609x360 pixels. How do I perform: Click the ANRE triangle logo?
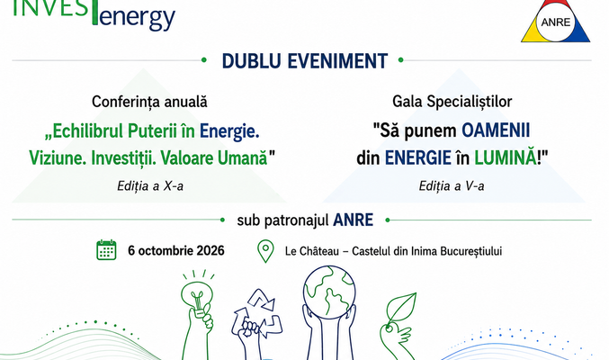tap(555, 21)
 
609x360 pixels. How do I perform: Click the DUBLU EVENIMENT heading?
tap(305, 61)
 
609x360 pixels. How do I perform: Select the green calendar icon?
tap(106, 250)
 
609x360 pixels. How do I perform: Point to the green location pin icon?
tap(265, 251)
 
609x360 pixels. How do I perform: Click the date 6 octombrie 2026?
tap(176, 251)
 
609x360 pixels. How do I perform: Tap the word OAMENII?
tap(496, 130)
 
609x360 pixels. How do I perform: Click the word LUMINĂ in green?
tap(506, 157)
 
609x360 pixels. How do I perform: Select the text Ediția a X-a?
tap(150, 186)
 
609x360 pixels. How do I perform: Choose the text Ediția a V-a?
tap(452, 186)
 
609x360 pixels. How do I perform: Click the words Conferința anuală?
tap(149, 103)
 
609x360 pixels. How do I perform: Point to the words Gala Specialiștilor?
tap(452, 102)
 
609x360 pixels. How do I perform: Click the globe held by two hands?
tap(329, 292)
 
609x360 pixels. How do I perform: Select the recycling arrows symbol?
tap(257, 313)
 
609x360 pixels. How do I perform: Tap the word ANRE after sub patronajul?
tap(353, 220)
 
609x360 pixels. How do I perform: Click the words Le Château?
tap(312, 251)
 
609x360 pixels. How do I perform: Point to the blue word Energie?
tap(229, 131)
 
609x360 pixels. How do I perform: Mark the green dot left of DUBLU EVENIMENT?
tap(204, 60)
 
